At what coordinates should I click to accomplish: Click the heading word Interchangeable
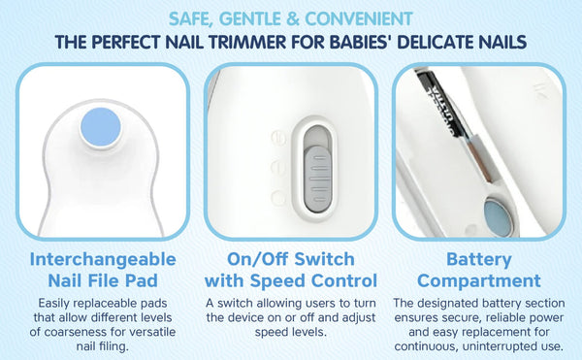(x=102, y=260)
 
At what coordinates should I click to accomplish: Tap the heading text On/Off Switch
(x=291, y=260)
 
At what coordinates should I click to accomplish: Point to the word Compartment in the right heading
(x=487, y=281)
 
